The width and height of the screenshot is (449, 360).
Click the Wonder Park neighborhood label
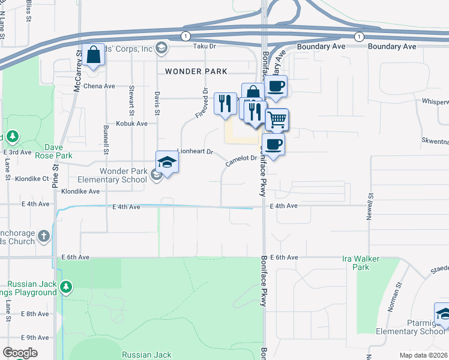196,71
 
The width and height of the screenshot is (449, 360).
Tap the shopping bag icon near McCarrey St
94,56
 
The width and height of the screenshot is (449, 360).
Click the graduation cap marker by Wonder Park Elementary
167,162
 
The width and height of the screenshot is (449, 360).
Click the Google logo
20,353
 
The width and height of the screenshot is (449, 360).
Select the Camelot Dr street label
241,161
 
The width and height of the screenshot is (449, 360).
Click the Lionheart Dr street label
195,152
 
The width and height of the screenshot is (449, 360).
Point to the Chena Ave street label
99,86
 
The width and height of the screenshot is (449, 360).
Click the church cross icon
44,236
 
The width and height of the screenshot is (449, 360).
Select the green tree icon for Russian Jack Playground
66,288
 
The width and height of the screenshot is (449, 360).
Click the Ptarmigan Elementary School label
410,331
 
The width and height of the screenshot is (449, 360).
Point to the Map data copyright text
423,355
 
